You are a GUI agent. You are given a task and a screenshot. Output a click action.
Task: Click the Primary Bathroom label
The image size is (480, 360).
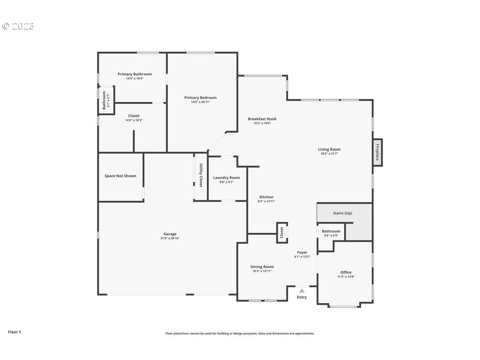(135, 74)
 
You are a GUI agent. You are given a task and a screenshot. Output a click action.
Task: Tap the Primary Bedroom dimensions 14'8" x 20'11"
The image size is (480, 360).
(200, 102)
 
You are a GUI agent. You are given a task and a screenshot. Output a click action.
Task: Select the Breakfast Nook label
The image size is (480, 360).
(262, 119)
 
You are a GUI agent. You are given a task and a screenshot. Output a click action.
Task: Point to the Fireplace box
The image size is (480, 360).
(377, 152)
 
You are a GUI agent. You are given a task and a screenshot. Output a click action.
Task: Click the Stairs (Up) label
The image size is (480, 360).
(342, 213)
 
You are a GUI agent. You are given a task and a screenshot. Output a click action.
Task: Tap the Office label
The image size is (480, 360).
(345, 272)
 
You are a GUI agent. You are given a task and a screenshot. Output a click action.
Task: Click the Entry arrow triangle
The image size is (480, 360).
(302, 291)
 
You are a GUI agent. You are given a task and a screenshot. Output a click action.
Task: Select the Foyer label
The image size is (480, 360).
(302, 253)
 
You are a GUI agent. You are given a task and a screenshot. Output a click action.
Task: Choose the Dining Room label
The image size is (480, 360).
(262, 267)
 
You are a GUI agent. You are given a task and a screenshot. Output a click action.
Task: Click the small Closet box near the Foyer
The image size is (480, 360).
(282, 232)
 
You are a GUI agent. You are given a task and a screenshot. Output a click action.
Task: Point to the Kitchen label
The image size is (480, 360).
(266, 197)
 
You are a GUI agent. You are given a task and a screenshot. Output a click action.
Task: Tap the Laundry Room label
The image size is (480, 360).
(226, 178)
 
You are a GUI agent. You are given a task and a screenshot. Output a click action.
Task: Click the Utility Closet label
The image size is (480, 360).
(201, 175)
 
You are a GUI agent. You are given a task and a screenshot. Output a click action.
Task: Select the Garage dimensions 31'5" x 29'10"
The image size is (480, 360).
(170, 238)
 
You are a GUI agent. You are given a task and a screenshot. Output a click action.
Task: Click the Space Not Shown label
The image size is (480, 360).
(120, 176)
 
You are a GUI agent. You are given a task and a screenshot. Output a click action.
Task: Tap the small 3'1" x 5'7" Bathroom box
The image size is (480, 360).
(106, 100)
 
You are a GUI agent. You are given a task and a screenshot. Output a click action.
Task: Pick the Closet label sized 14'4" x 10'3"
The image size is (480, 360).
(134, 116)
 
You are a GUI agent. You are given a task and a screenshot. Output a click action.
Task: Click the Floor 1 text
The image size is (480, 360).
(15, 332)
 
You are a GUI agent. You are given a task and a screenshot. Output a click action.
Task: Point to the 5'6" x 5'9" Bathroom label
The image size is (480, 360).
(331, 231)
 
